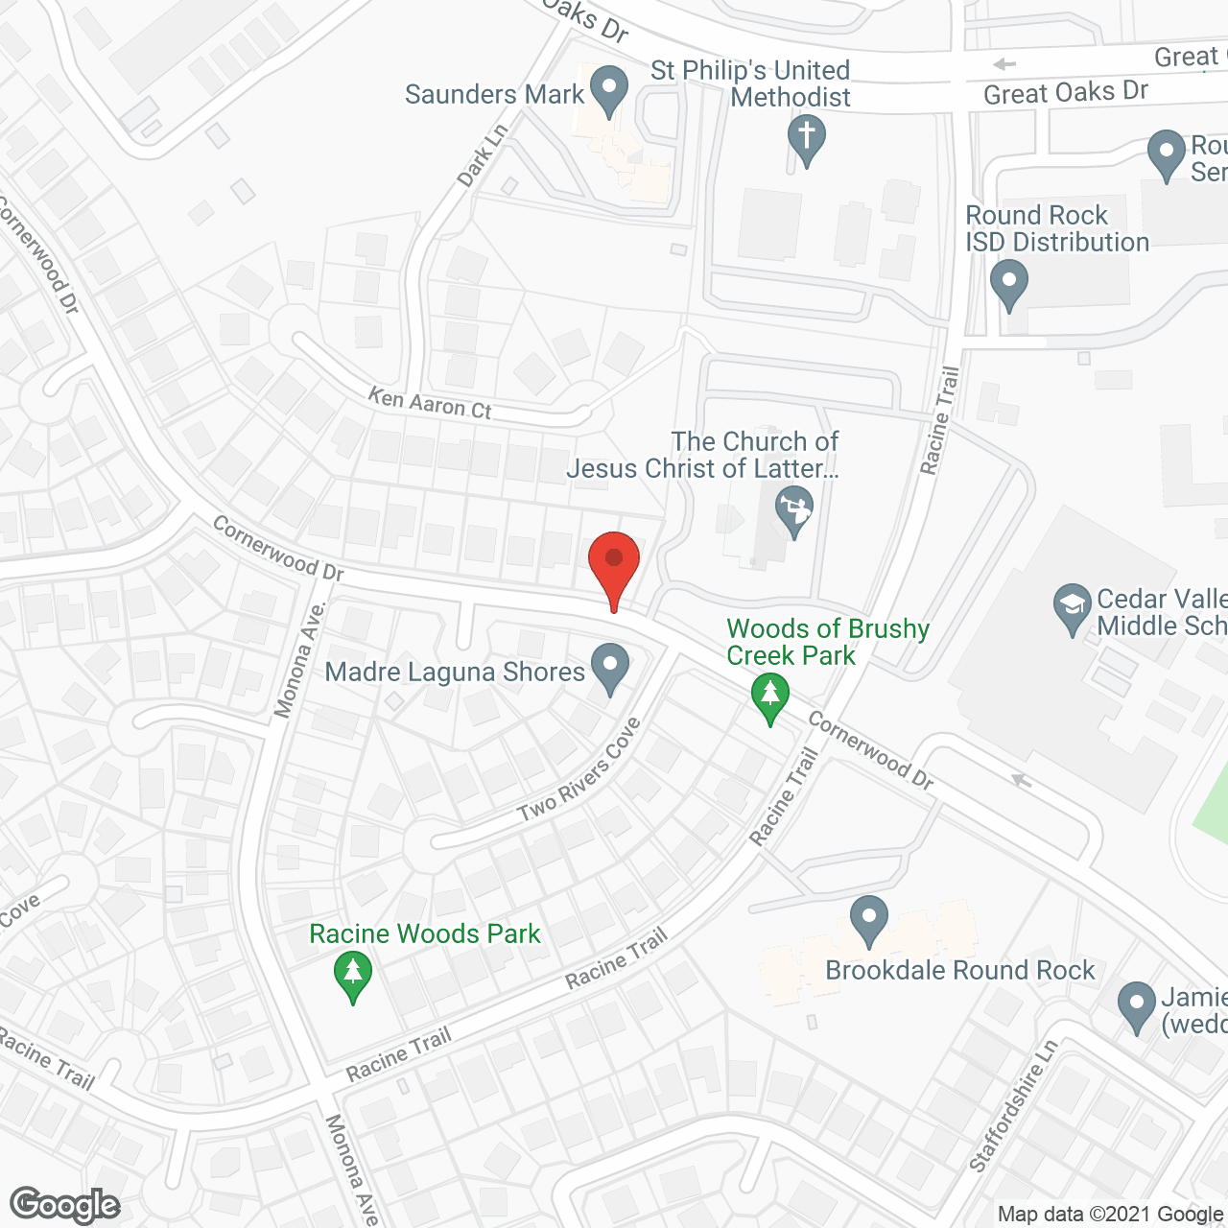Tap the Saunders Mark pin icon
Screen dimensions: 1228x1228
click(608, 90)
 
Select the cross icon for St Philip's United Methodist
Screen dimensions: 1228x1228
click(806, 138)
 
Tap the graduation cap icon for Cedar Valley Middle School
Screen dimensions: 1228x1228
click(1072, 608)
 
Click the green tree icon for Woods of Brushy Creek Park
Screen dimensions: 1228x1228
click(769, 697)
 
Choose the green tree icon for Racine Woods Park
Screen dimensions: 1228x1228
click(353, 975)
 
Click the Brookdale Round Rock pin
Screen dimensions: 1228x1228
click(868, 920)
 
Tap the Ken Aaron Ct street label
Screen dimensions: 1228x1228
click(430, 403)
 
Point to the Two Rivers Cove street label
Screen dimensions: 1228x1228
click(579, 771)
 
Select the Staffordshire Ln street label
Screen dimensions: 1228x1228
click(1013, 1106)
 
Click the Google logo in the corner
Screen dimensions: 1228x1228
click(65, 1205)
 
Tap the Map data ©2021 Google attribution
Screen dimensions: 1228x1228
click(1111, 1215)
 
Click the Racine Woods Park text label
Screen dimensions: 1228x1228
click(425, 933)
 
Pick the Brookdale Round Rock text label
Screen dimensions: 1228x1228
click(959, 970)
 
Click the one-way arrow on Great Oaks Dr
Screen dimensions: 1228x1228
click(1004, 64)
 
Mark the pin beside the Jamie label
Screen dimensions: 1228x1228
click(1137, 1006)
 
